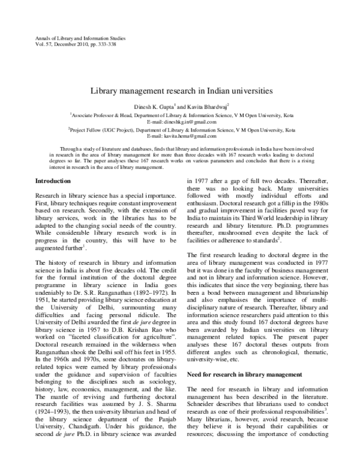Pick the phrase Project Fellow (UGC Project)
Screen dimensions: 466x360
[x=102, y=129]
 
